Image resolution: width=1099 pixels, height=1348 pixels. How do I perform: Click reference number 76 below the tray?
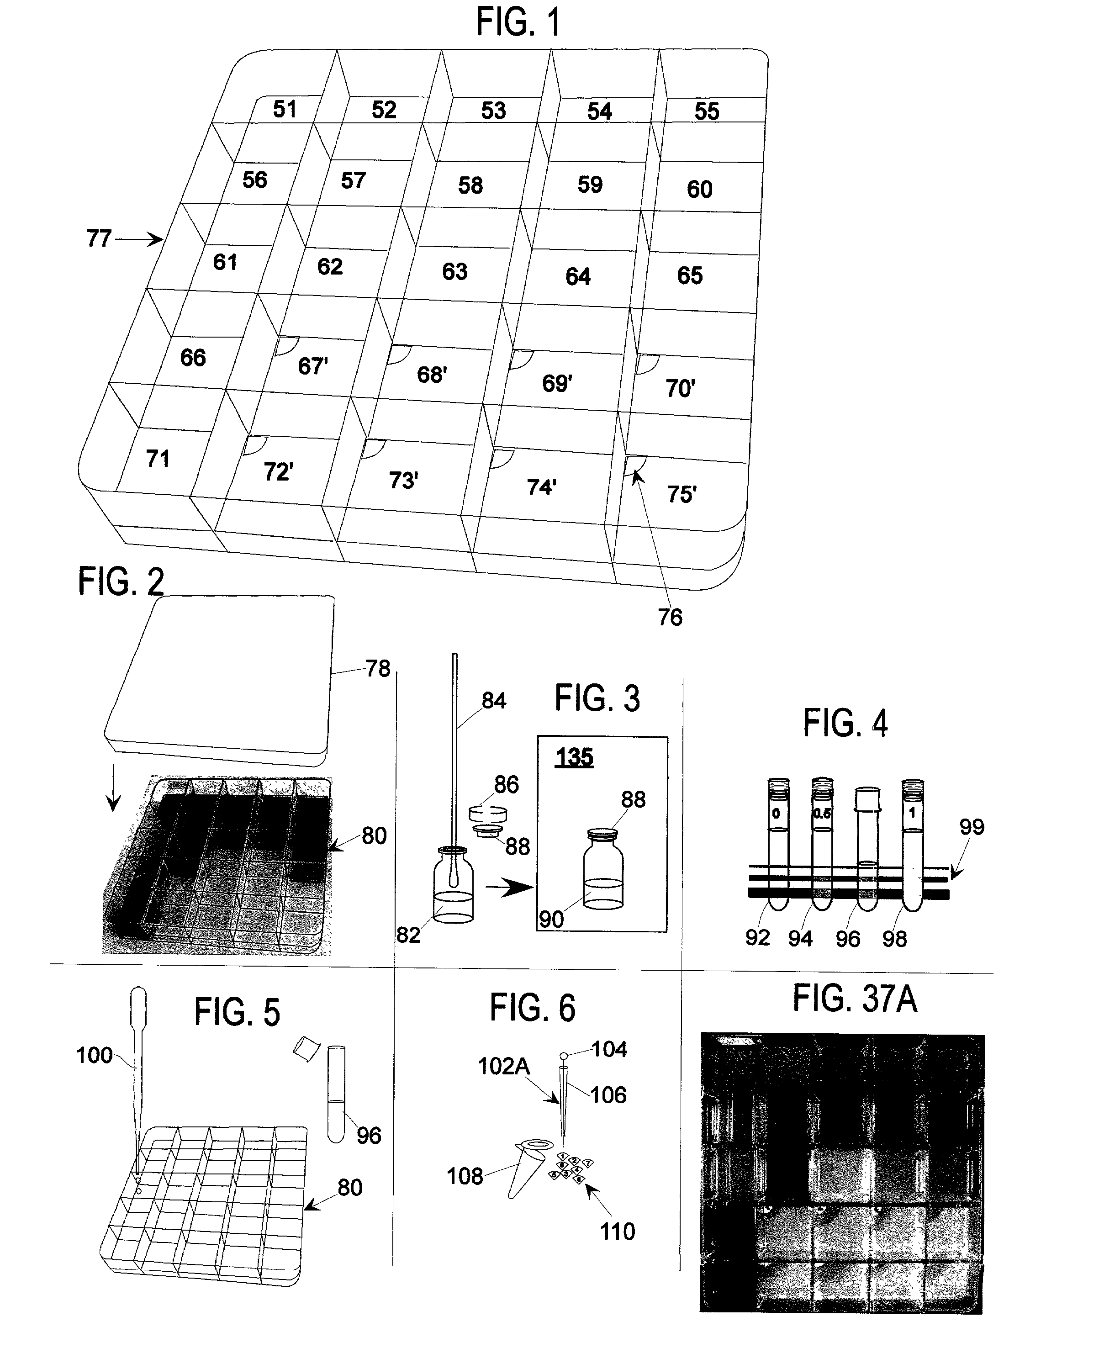coord(670,617)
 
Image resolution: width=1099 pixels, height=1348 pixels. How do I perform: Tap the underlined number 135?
coord(574,757)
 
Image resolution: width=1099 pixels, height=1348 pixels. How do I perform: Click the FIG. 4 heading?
coord(845,723)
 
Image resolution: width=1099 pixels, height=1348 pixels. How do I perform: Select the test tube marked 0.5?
coord(822,842)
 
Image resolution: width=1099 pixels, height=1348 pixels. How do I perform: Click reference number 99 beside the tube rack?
coord(972,827)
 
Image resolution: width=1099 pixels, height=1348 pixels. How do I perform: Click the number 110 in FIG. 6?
coord(617,1232)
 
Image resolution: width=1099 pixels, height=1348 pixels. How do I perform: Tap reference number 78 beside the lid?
coord(378,669)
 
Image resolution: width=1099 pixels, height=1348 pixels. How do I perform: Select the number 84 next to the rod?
coord(494,701)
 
